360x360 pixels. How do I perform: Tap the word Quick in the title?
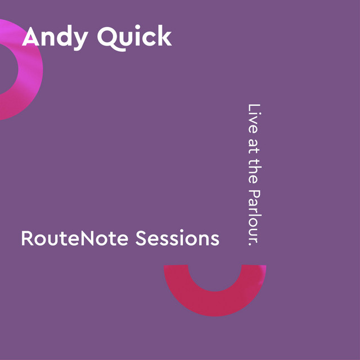(134, 38)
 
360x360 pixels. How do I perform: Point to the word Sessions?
(177, 238)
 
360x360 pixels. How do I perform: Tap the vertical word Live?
(254, 119)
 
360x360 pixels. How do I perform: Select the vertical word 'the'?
(254, 170)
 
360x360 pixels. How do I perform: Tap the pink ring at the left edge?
(30, 69)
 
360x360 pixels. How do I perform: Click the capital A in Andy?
(31, 36)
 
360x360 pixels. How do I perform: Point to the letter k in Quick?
(164, 35)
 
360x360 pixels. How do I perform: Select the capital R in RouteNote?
(27, 238)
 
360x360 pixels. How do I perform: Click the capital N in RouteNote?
(88, 238)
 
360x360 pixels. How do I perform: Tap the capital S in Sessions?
(141, 238)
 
